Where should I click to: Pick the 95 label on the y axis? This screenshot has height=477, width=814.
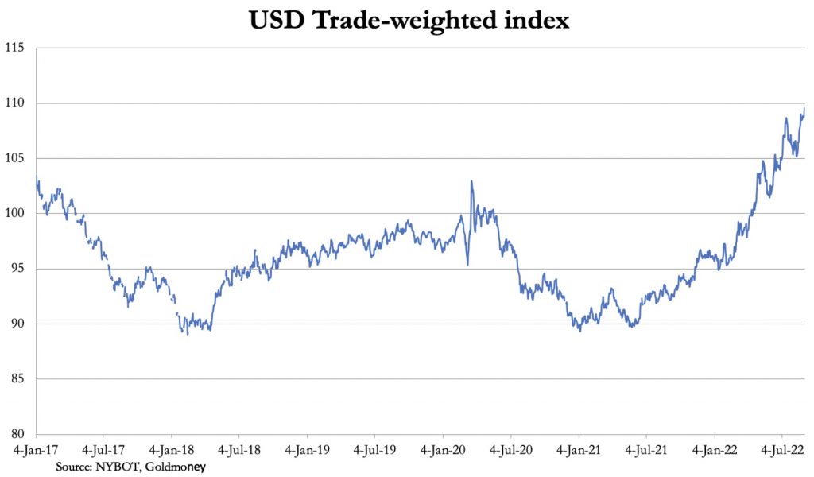20,269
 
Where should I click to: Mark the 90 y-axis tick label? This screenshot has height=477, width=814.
20,324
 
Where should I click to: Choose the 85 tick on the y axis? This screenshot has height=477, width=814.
20,378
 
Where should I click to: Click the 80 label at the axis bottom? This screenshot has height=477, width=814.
20,434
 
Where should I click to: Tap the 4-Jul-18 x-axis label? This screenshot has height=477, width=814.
240,449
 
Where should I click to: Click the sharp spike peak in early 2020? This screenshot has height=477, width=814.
472,181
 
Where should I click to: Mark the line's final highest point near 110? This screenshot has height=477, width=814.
804,108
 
